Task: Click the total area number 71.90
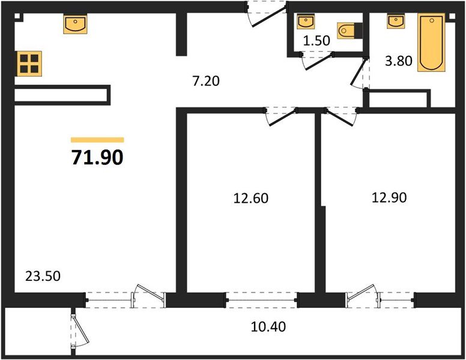(97, 157)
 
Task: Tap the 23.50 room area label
(42, 277)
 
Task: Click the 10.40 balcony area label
(268, 327)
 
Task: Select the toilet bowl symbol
(348, 31)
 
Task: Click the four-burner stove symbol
(29, 62)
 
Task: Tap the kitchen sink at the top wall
(76, 25)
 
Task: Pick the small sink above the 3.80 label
(395, 22)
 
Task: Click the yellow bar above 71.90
(97, 139)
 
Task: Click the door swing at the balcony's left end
(77, 331)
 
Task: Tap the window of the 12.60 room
(262, 298)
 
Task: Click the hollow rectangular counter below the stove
(60, 95)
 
